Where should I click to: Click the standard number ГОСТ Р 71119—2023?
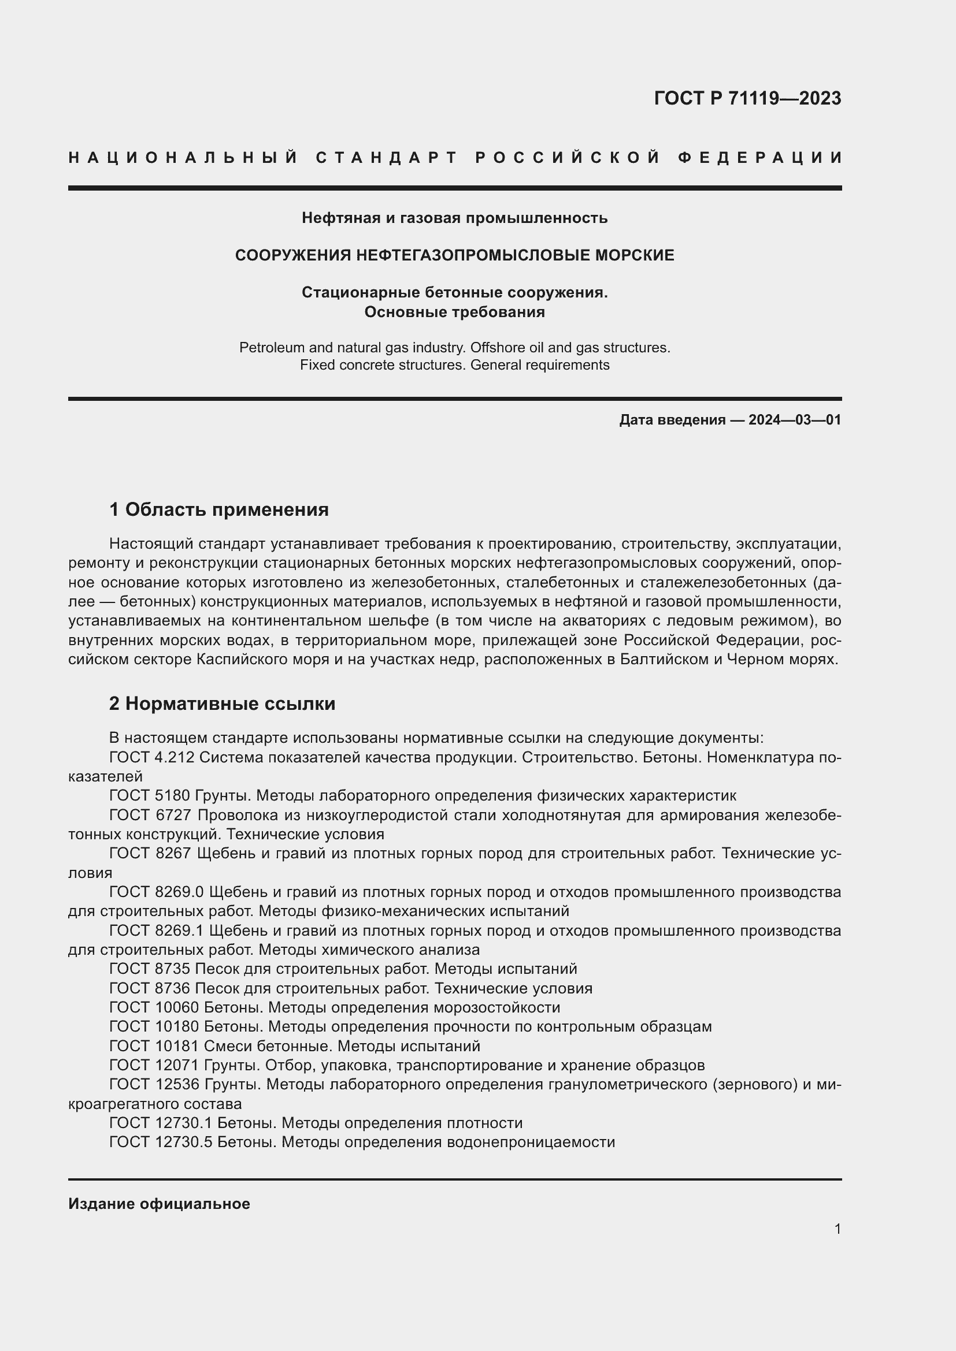point(747,98)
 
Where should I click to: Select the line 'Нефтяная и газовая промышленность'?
point(454,218)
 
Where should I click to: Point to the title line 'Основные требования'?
point(454,312)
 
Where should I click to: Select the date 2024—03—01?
point(795,419)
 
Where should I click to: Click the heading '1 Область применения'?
point(219,509)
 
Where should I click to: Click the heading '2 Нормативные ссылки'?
point(222,704)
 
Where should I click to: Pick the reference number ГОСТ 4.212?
point(152,758)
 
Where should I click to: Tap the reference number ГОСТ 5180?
point(150,796)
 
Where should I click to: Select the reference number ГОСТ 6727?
point(151,816)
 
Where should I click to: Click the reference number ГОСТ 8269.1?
point(157,931)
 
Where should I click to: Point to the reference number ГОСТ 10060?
point(154,1008)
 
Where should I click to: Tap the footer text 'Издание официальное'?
point(159,1204)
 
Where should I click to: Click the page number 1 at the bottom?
point(837,1229)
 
